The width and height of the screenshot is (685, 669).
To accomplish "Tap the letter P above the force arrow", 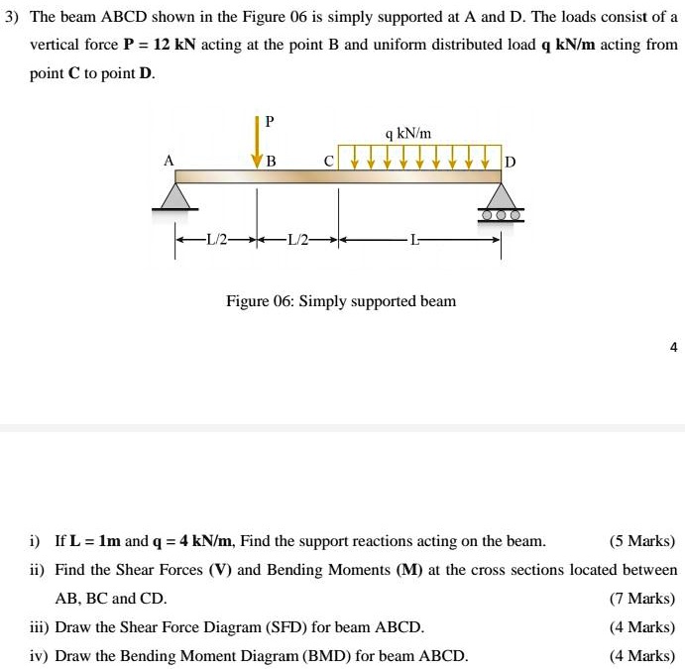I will coord(269,121).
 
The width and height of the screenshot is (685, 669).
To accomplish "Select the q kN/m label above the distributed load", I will coord(408,133).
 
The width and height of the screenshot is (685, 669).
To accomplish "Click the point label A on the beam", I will coord(169,160).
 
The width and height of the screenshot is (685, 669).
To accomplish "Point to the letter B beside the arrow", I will coord(272,161).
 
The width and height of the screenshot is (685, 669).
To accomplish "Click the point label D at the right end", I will coord(511,161).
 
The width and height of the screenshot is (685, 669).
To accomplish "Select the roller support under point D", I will coord(501,207).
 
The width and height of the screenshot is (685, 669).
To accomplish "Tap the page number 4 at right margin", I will coord(673,347).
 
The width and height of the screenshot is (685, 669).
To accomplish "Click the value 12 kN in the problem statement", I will coord(178,46).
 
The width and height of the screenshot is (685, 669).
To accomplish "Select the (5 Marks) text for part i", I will coord(642,541).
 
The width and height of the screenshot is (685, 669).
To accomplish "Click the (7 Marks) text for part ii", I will coord(642,599).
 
